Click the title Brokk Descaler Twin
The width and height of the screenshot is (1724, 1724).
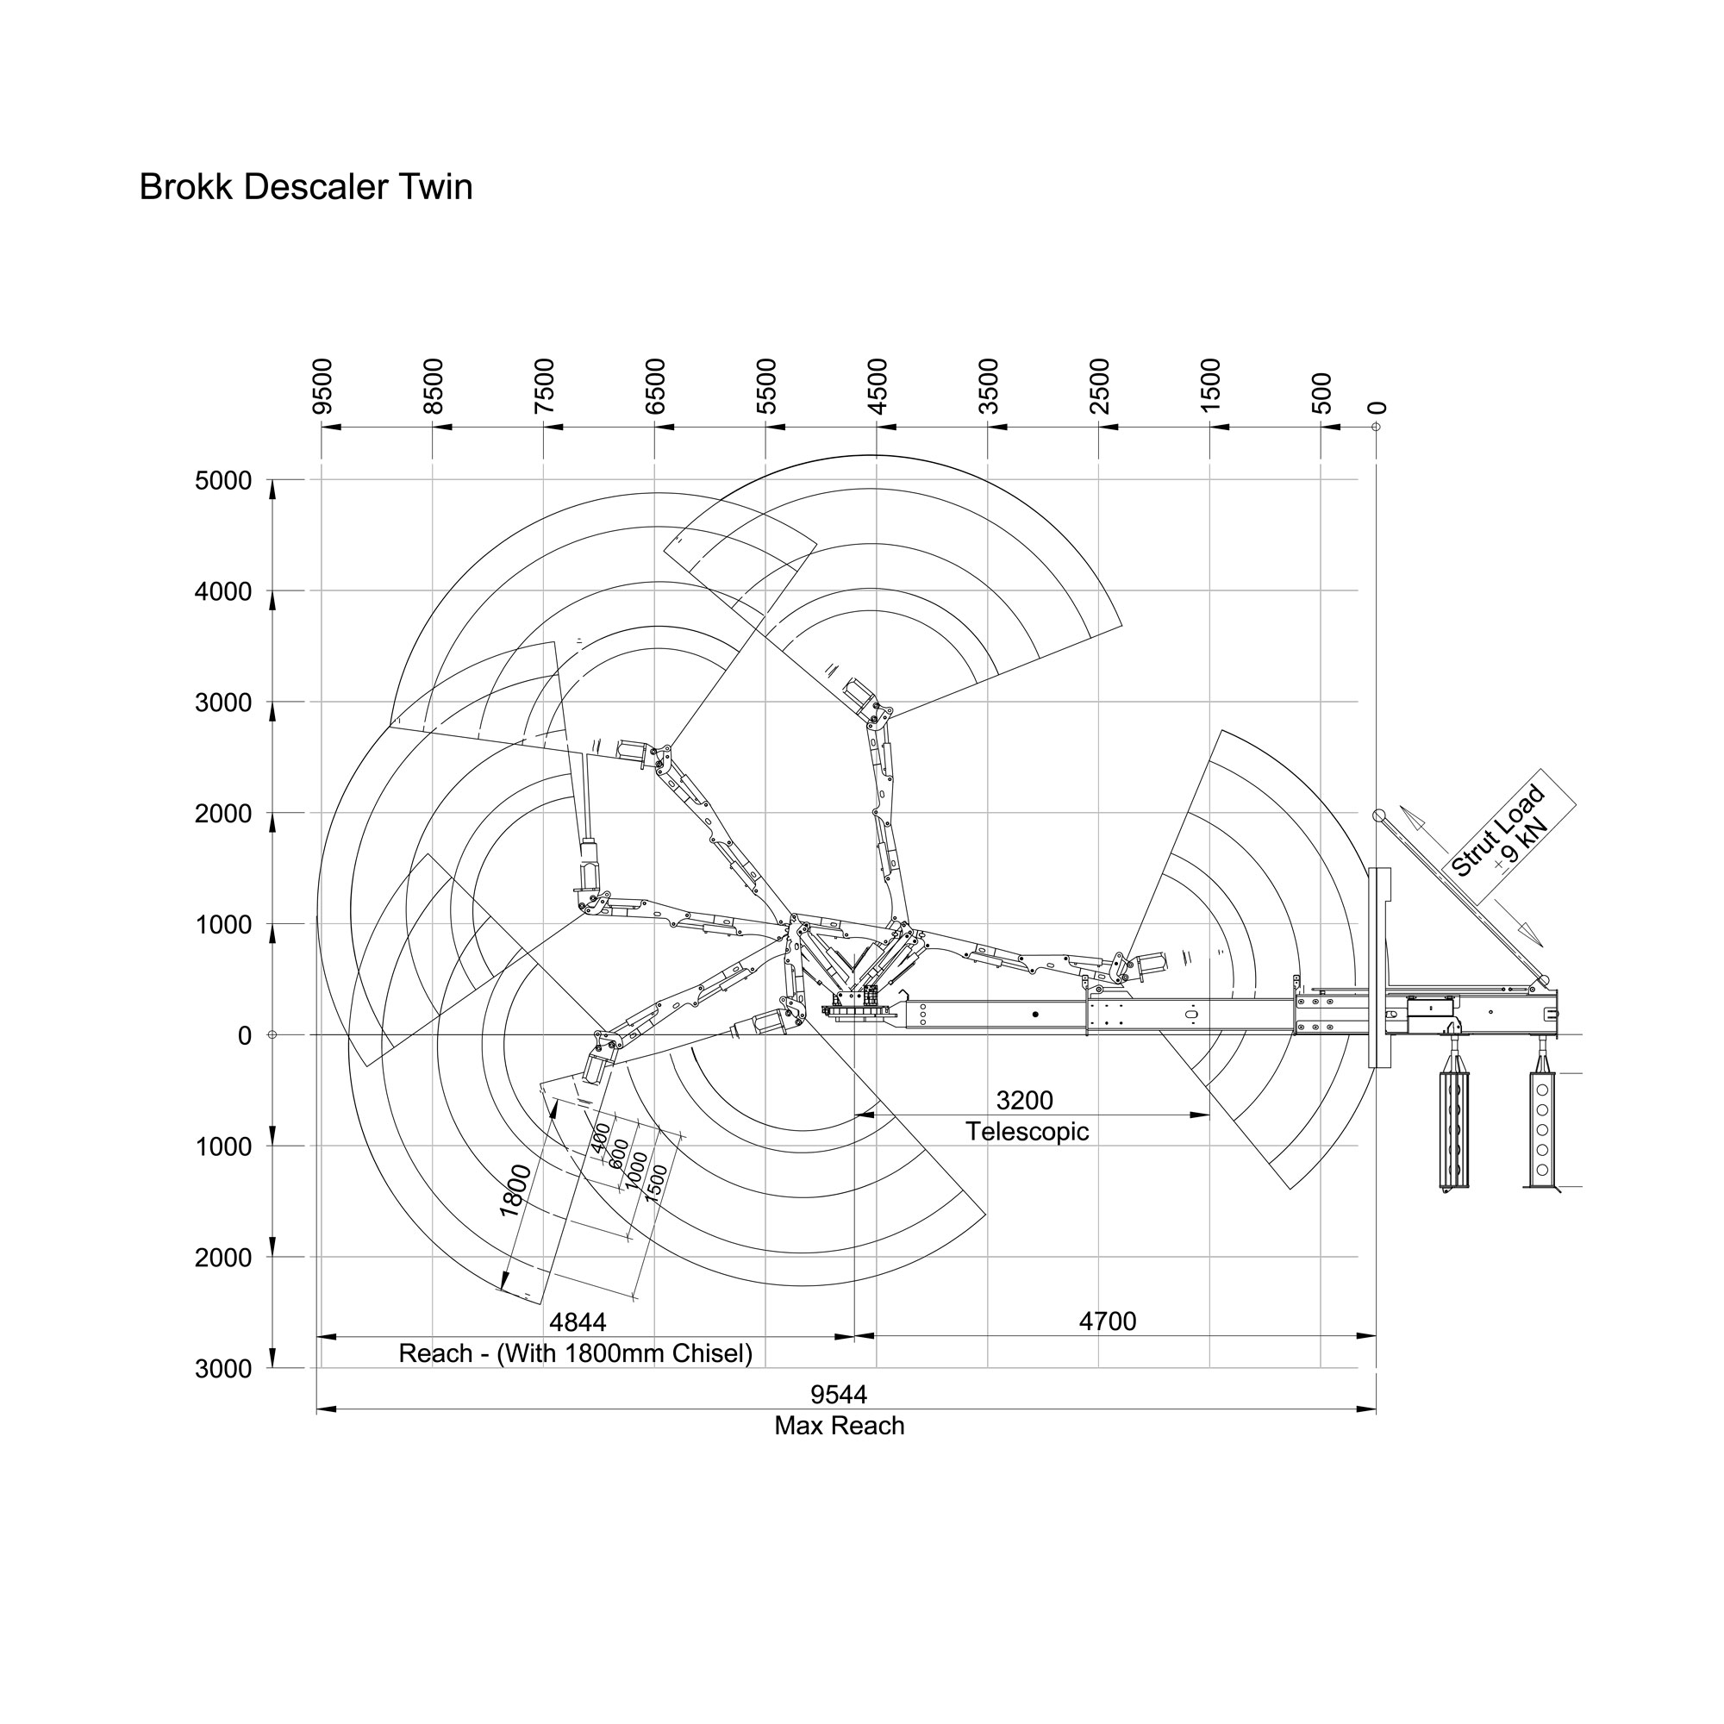305,187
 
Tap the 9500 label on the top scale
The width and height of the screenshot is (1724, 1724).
322,386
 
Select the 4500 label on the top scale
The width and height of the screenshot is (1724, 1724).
878,386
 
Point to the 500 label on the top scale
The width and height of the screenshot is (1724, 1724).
1321,392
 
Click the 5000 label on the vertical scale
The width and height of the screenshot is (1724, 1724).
223,481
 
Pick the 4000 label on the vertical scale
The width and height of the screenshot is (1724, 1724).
223,591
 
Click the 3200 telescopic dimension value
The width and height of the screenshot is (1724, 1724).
1024,1100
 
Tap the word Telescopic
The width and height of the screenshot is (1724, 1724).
1028,1132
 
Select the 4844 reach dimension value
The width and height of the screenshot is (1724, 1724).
578,1321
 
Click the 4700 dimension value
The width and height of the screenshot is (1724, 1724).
1108,1321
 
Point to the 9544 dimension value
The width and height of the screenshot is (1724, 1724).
839,1394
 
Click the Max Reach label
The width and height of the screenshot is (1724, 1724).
839,1426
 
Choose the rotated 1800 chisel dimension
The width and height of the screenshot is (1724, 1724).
515,1190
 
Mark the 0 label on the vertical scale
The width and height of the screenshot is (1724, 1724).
245,1036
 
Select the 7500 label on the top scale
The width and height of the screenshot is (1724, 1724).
544,386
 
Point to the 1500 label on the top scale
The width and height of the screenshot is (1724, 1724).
1210,386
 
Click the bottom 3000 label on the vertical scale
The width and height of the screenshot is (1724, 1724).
223,1369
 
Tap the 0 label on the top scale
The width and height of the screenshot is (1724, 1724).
1377,408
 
